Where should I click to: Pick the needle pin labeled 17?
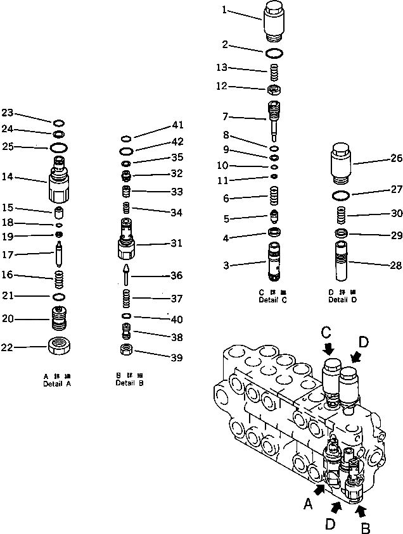pos(58,256)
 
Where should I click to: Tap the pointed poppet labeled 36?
pos(127,275)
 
